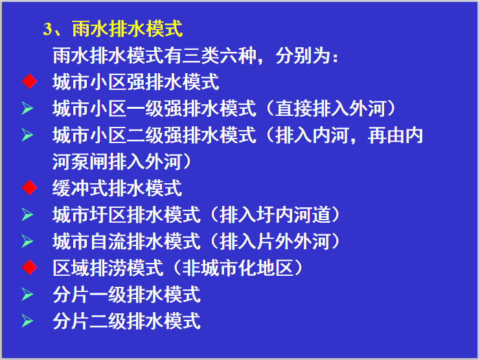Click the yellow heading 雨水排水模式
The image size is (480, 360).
[128, 29]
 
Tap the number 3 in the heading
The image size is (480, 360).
[47, 29]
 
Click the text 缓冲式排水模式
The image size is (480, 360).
[117, 188]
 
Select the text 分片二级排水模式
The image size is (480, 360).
[127, 321]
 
